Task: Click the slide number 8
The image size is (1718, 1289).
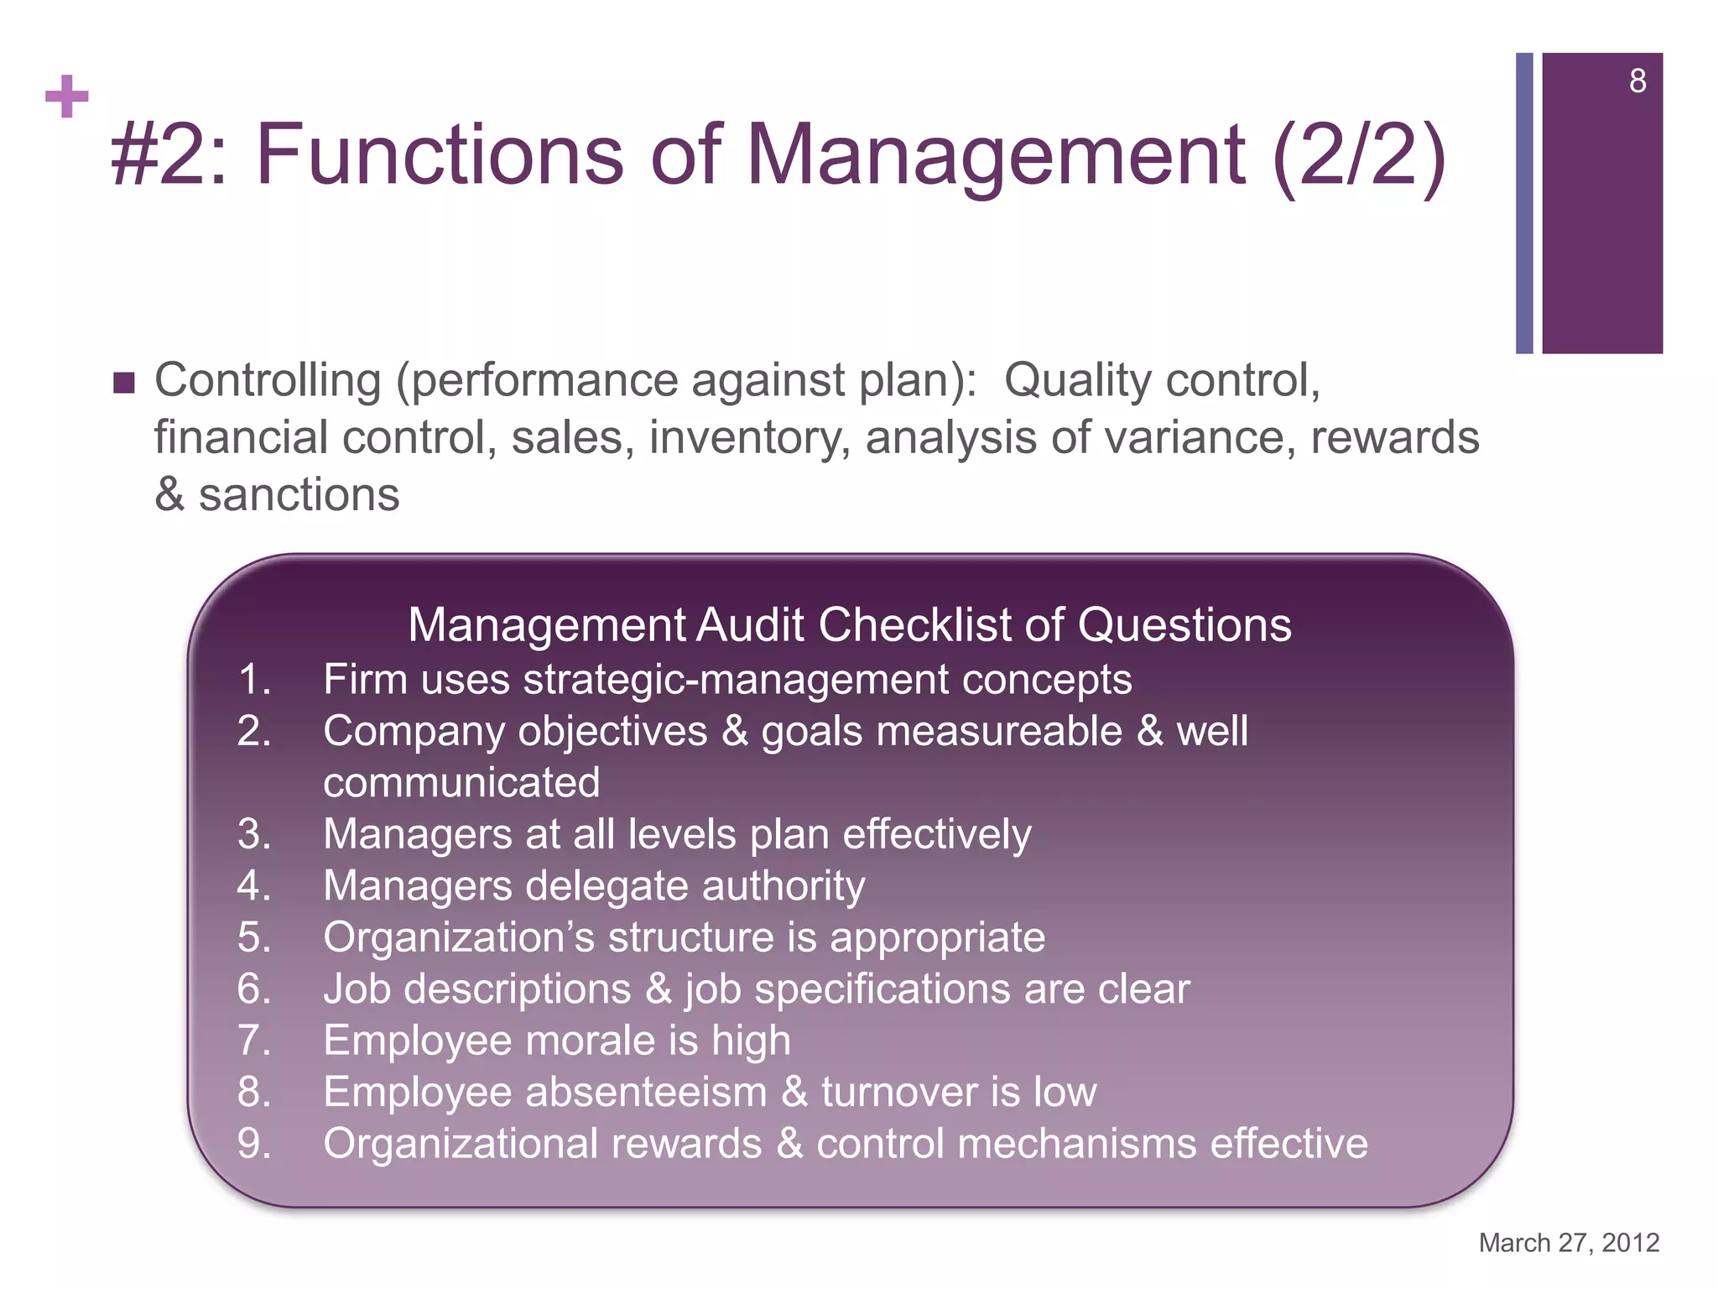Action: pyautogui.click(x=1637, y=81)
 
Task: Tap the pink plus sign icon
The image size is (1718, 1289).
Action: pyautogui.click(x=67, y=97)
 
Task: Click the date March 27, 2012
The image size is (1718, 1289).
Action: pyautogui.click(x=1569, y=1242)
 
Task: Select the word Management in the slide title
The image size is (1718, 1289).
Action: pyautogui.click(x=996, y=154)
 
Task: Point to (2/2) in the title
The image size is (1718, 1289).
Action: pyautogui.click(x=1360, y=154)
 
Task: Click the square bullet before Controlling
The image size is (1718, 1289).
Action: pyautogui.click(x=123, y=384)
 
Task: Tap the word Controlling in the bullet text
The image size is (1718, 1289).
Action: pyautogui.click(x=268, y=380)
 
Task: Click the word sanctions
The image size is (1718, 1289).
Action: pyautogui.click(x=299, y=494)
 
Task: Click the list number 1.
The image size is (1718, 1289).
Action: pyautogui.click(x=254, y=679)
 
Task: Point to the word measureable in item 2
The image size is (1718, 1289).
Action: pyautogui.click(x=999, y=731)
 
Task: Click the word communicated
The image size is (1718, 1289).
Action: pyautogui.click(x=461, y=782)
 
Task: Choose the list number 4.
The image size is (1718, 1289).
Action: pyautogui.click(x=254, y=885)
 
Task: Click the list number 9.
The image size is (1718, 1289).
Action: pyautogui.click(x=254, y=1144)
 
